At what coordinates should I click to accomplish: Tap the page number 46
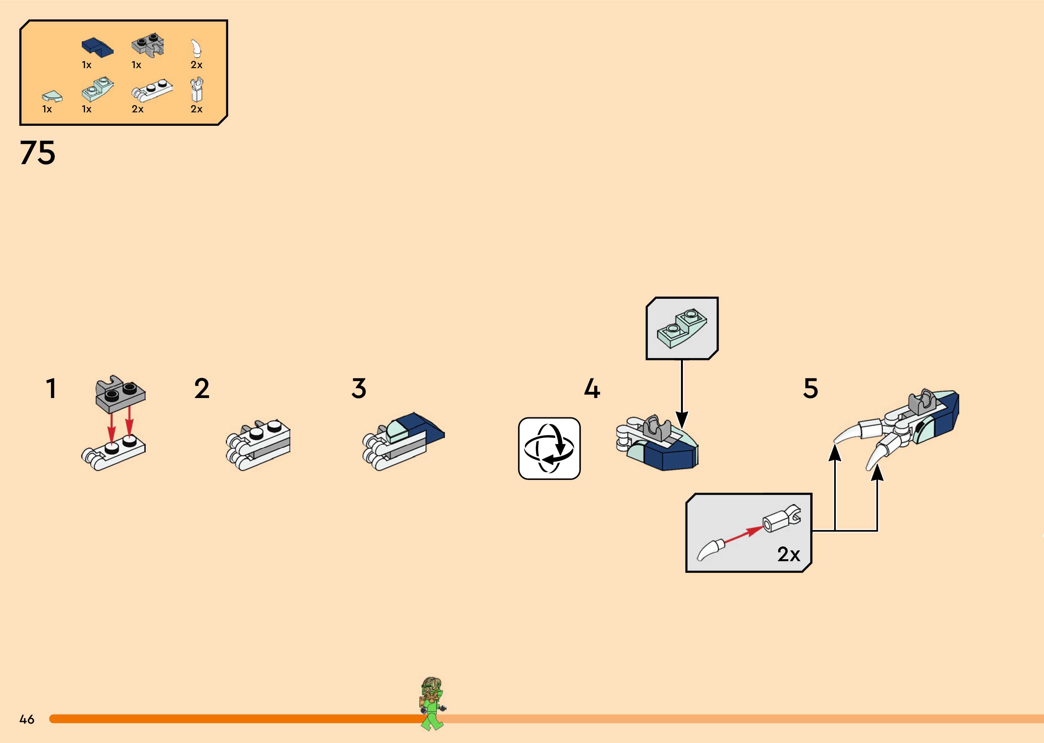(x=27, y=719)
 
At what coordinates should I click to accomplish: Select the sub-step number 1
(x=51, y=389)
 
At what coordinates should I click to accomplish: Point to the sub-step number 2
(x=202, y=389)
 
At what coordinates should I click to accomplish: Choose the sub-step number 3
(x=359, y=389)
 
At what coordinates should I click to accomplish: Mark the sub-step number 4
(x=592, y=389)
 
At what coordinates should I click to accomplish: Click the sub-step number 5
(x=811, y=389)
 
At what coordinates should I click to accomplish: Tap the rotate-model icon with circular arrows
(x=549, y=448)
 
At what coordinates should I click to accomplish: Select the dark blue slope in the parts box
(x=97, y=47)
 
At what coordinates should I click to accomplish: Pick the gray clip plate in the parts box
(x=148, y=45)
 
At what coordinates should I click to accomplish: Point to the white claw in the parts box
(x=196, y=48)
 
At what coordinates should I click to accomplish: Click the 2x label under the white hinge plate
(x=137, y=109)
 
